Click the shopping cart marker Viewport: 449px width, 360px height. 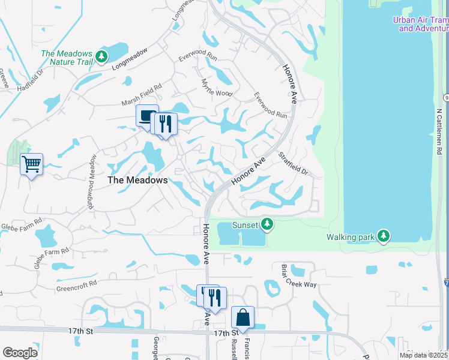[x=31, y=163]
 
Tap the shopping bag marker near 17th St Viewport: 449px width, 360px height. [x=243, y=316]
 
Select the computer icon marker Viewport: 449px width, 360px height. [x=146, y=115]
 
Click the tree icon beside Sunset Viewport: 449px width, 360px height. [x=267, y=224]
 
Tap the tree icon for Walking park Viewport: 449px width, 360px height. [x=384, y=236]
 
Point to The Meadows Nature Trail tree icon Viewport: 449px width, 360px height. [x=101, y=56]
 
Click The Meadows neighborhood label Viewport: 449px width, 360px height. [x=137, y=180]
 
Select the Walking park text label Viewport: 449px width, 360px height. [x=351, y=237]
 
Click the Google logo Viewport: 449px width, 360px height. [x=20, y=352]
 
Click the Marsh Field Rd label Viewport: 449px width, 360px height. [x=142, y=88]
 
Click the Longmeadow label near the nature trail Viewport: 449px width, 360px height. [x=129, y=61]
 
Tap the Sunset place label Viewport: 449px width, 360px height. [x=245, y=225]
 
